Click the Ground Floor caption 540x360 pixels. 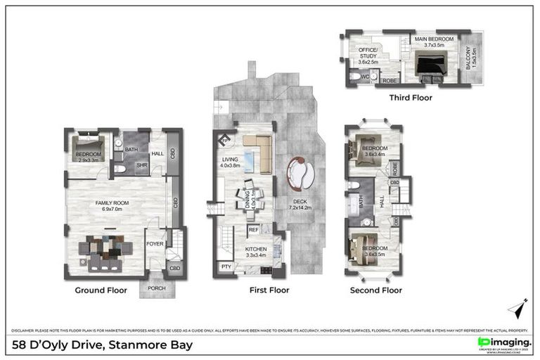pos(101,290)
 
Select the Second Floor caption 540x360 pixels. pos(376,290)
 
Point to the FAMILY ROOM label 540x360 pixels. pos(109,205)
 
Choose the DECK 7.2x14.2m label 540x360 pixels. pos(300,204)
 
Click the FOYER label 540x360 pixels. pos(155,244)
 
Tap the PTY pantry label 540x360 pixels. pos(226,267)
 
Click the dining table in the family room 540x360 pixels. pos(105,250)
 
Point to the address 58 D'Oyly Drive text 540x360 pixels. pos(103,345)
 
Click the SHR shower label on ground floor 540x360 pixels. pos(141,166)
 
